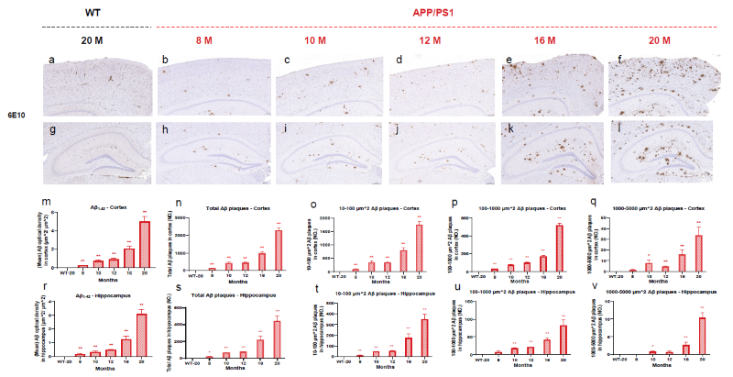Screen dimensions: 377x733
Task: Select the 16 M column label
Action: [x=546, y=40]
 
